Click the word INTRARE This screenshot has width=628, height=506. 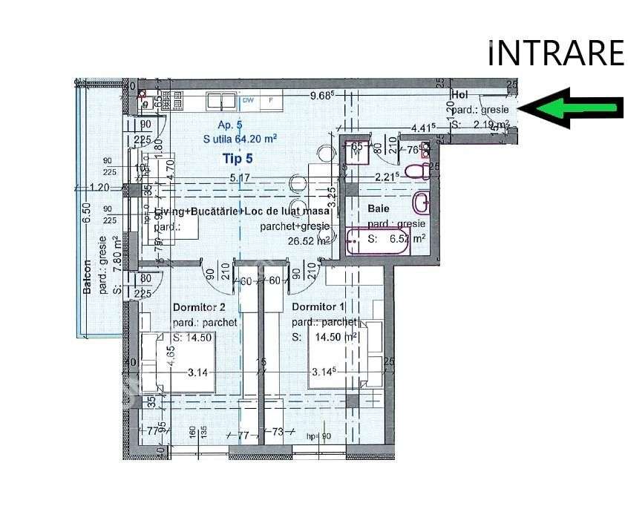(x=556, y=53)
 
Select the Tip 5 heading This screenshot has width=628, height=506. (x=238, y=157)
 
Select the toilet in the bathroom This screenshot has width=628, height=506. (x=420, y=170)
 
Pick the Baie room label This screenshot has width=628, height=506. (x=378, y=209)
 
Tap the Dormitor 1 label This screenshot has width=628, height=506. (x=318, y=307)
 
